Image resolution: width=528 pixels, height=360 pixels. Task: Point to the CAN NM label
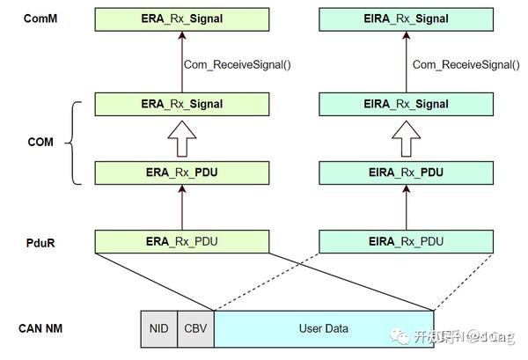[x=40, y=329]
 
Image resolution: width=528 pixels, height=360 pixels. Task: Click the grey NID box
[x=159, y=329]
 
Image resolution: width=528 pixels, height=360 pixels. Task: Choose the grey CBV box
[x=195, y=329]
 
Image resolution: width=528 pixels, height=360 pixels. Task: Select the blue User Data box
[x=324, y=329]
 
